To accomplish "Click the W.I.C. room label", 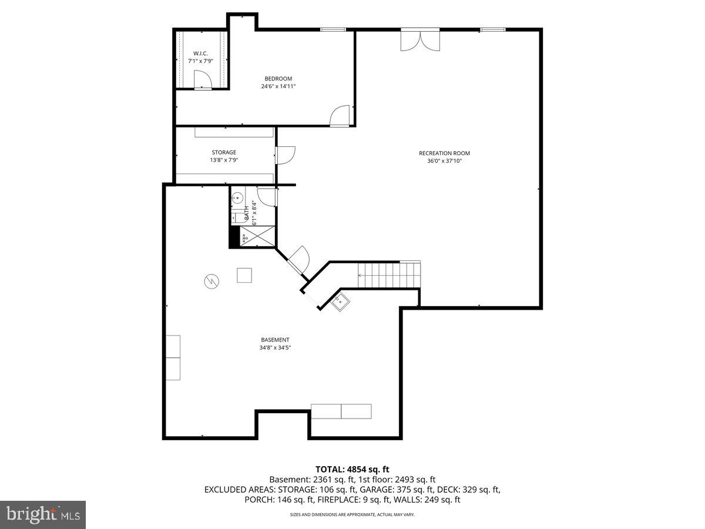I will point(200,53).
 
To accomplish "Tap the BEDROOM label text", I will point(278,79).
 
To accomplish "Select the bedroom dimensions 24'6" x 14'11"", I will point(278,86).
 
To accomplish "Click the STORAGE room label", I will point(224,153).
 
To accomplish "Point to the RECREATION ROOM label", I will point(444,153).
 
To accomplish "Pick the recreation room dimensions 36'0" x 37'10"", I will point(444,160).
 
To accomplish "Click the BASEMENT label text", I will point(275,340).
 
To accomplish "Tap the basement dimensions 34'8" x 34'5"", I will point(275,347).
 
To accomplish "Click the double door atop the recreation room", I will point(419,39).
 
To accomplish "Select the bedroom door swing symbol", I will point(340,116).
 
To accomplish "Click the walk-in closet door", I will point(202,81).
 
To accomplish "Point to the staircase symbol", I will point(390,274).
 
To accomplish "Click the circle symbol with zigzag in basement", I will point(211,282).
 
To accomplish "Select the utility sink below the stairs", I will point(340,303).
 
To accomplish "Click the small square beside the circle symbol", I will point(244,275).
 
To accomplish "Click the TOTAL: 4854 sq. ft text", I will point(352,469).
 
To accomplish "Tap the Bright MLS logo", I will point(43,515).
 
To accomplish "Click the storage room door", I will point(286,155).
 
